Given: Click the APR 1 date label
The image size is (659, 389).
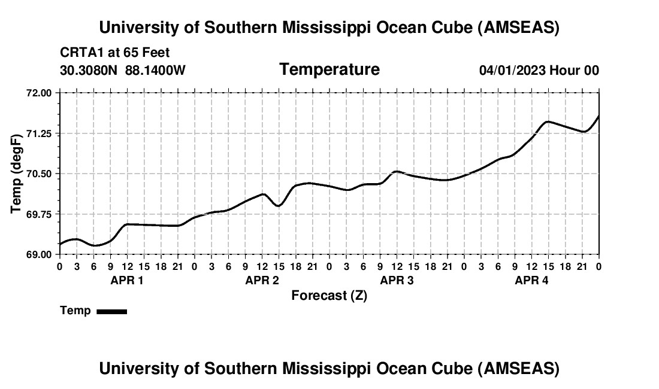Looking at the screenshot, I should point(127,281).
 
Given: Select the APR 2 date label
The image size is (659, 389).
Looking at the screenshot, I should point(262,281).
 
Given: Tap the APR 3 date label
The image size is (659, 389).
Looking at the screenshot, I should point(397,281).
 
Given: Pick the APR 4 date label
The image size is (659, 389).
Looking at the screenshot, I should point(532,281).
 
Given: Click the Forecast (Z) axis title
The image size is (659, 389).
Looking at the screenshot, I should point(329,296).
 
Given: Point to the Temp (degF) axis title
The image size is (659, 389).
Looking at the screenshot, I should point(17,174).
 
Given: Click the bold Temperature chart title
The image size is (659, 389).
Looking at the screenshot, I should point(329,69).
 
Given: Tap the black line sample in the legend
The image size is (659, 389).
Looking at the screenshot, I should point(112,311).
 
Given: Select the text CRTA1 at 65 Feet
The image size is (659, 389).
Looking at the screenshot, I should point(115,53).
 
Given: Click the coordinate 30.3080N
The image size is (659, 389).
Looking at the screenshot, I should point(90,71).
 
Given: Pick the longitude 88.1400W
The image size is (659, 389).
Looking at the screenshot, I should point(155,71).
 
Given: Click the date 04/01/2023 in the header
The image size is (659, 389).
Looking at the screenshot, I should point(512,71).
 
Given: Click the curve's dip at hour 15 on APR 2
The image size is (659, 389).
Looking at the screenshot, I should point(279,206).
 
